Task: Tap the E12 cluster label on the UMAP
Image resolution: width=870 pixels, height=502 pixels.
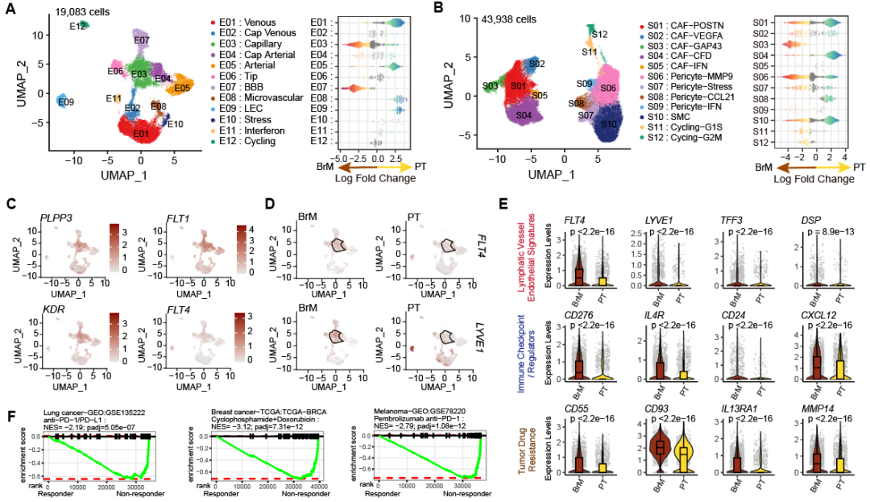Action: pos(77,27)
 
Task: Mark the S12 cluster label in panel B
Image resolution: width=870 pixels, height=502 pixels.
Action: pos(599,34)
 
